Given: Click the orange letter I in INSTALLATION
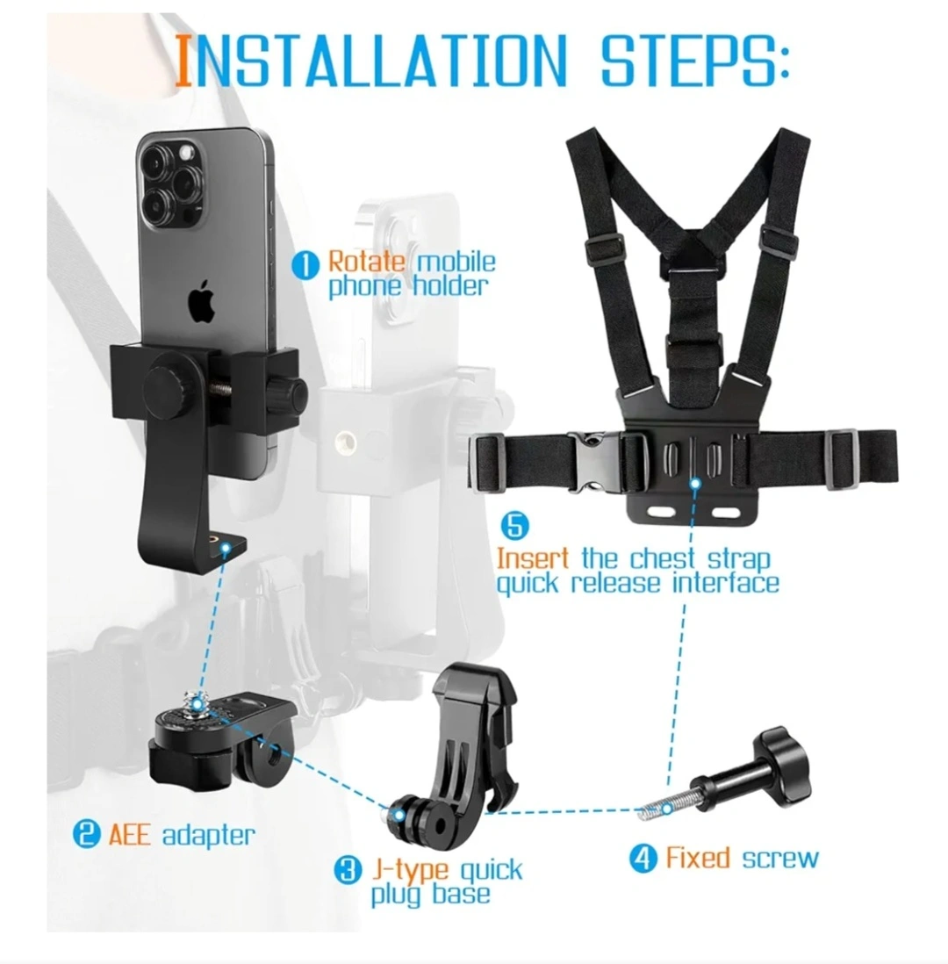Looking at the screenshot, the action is (183, 61).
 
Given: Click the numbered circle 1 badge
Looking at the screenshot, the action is (305, 266).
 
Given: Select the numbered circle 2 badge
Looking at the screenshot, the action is (86, 834).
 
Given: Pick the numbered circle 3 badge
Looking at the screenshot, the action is (348, 871).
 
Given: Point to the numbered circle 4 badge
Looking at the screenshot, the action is (643, 859).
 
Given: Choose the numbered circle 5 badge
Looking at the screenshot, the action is (514, 526).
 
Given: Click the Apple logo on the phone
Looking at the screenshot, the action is (202, 301).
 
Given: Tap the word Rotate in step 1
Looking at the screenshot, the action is (366, 262).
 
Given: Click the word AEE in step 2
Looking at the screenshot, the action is (129, 834).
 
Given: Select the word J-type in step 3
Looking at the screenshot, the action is (411, 871).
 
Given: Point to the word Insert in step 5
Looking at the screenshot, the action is (533, 559).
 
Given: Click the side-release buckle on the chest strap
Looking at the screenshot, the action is (592, 462).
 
